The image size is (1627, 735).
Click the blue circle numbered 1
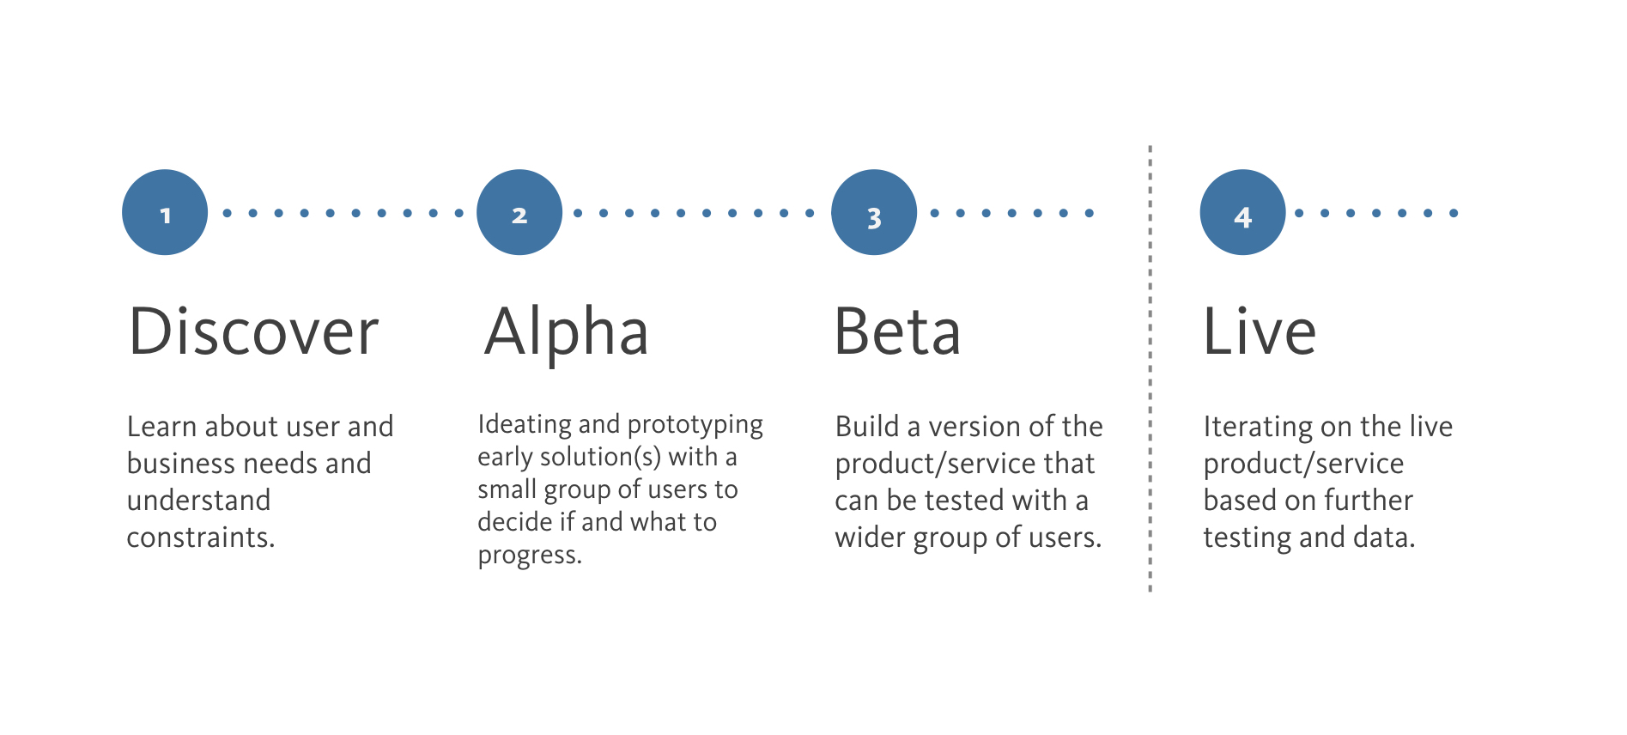tap(165, 212)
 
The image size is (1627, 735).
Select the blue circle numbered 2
tap(519, 212)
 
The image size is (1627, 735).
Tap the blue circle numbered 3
tap(874, 212)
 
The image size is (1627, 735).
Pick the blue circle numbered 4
tap(1242, 212)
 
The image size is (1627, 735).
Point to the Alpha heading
tap(567, 333)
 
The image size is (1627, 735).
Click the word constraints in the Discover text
tap(201, 537)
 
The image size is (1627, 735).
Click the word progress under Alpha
tap(530, 556)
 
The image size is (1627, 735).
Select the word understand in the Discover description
tap(199, 500)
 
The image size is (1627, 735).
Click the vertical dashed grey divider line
tap(1150, 369)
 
